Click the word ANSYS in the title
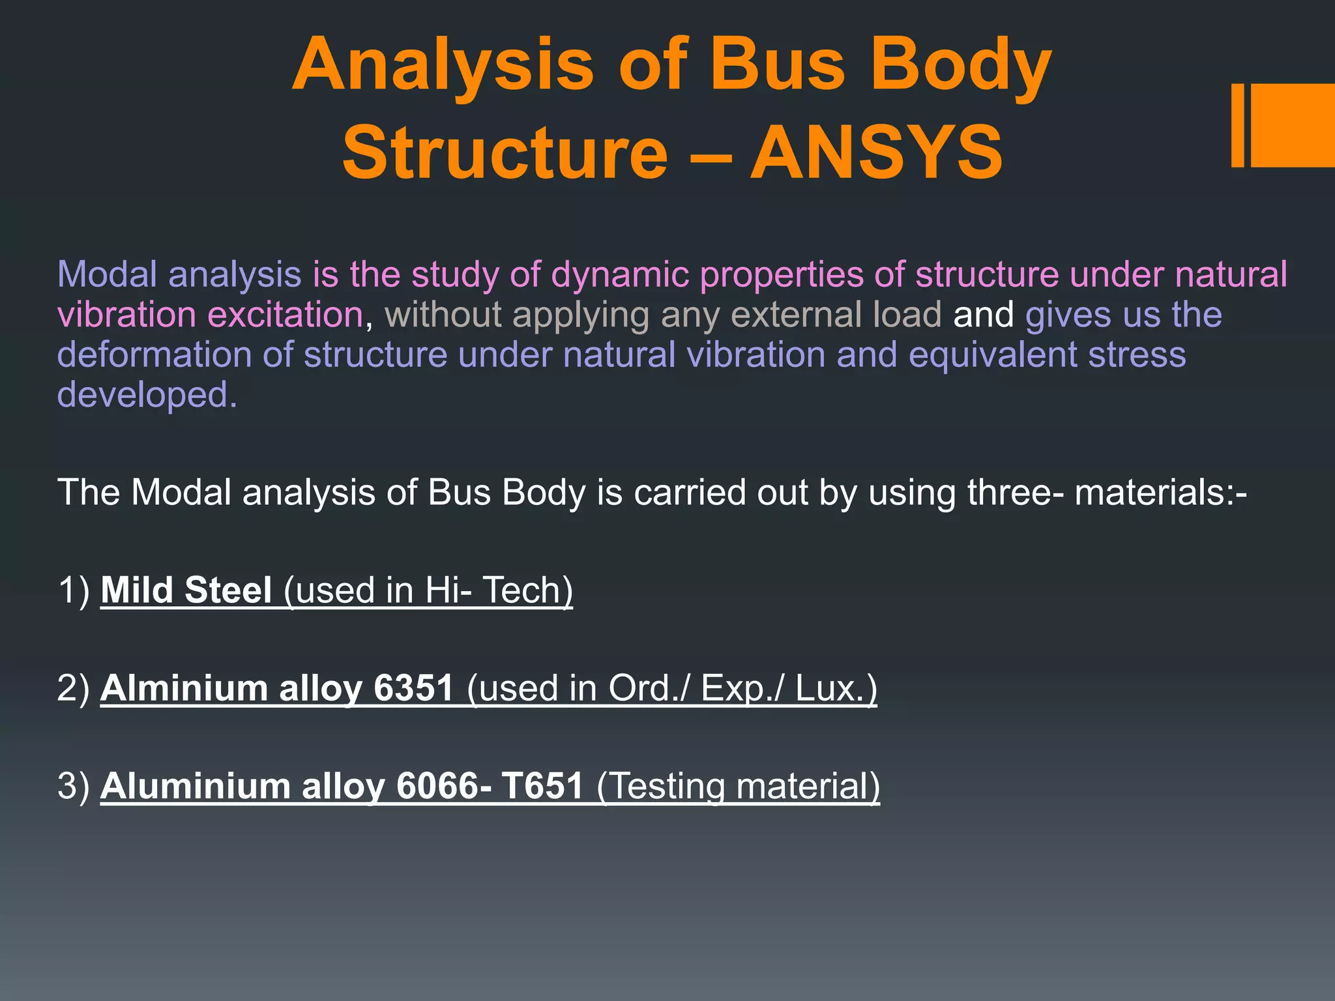[x=876, y=154]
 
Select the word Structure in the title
[x=505, y=154]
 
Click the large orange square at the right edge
[x=1293, y=125]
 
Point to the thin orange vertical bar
[x=1237, y=125]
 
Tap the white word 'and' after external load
[x=983, y=315]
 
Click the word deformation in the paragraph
[x=154, y=356]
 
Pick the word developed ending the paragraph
[x=147, y=396]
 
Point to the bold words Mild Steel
[x=186, y=590]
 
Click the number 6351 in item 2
[x=414, y=689]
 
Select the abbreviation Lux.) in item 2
[x=836, y=689]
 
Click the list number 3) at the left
[x=73, y=787]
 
